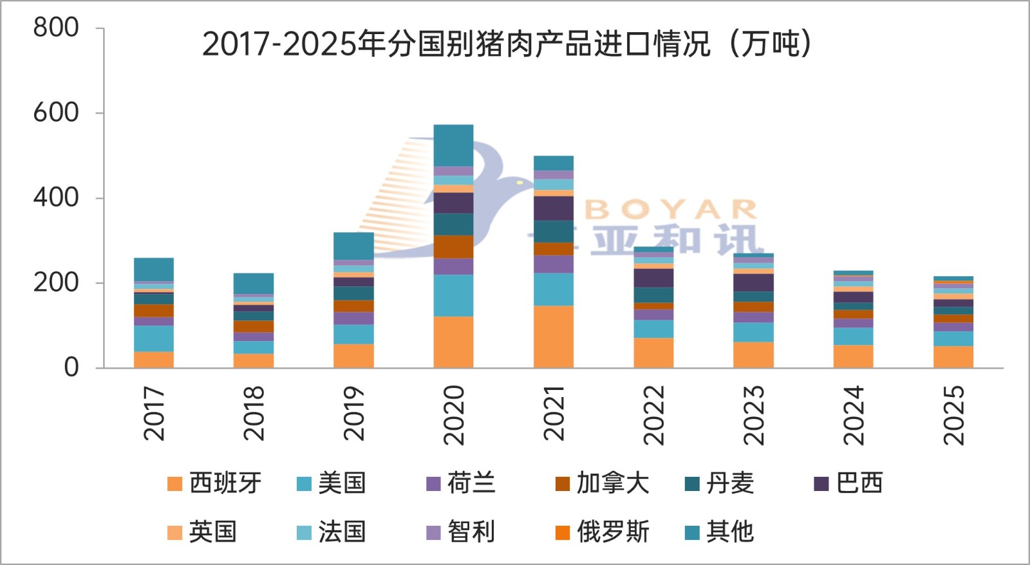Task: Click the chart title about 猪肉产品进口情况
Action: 507,44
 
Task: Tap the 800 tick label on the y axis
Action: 56,28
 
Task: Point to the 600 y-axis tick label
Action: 56,113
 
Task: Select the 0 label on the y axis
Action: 71,367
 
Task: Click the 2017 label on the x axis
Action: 154,413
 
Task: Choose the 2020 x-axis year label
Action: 454,415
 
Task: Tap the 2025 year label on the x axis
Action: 953,415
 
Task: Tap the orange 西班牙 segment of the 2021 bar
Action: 554,337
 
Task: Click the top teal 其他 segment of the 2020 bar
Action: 453,145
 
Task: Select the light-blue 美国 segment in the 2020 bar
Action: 453,295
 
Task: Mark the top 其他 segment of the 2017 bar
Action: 154,270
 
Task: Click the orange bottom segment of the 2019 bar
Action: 353,356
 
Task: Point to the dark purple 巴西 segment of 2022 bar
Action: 653,278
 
